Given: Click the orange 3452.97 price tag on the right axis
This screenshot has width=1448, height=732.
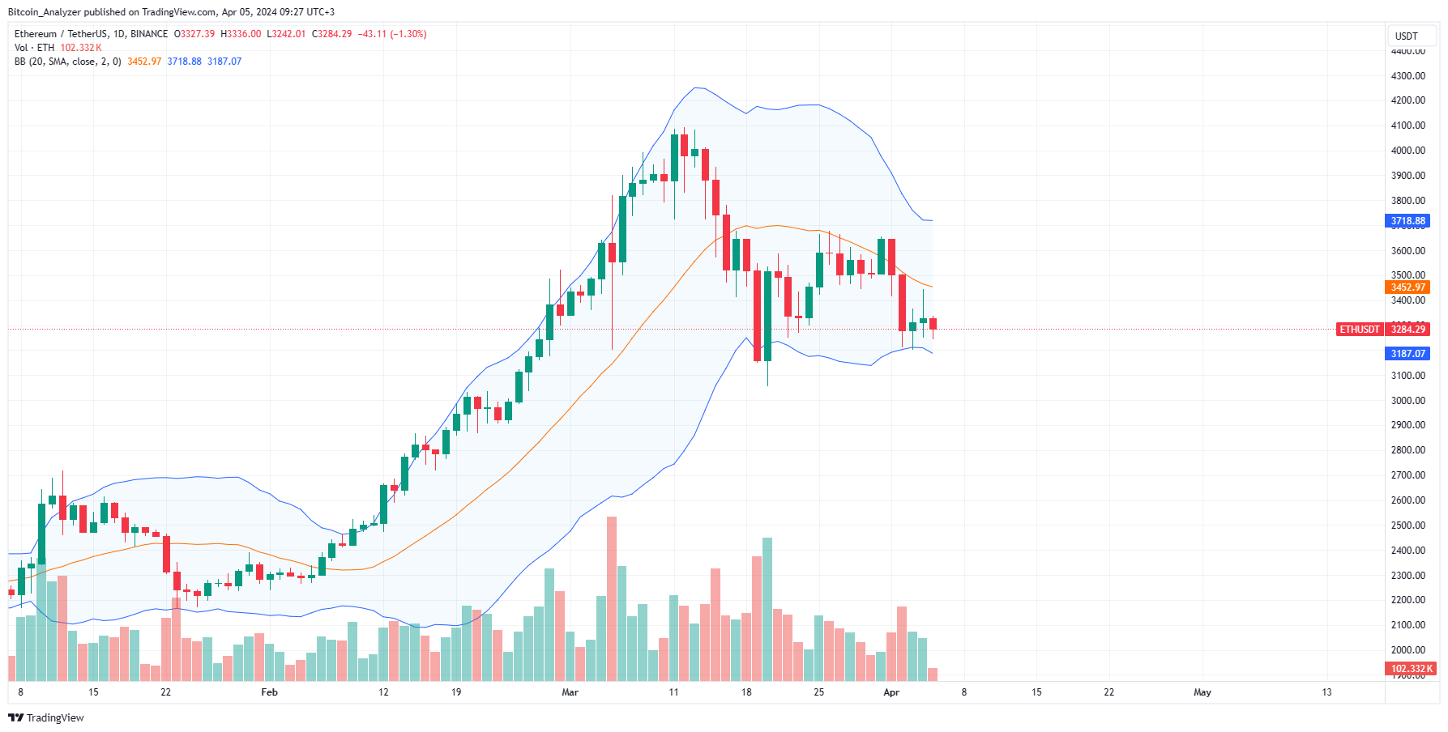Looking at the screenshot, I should (x=1407, y=287).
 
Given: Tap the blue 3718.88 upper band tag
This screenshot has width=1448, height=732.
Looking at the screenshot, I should (x=1407, y=221).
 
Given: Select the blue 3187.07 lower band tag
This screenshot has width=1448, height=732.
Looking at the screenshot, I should (x=1407, y=354).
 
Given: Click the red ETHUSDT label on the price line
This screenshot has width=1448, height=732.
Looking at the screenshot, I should (x=1359, y=330).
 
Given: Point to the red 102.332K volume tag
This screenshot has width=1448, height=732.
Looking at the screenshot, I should (x=1411, y=669).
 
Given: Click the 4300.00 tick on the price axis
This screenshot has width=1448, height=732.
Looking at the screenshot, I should (x=1407, y=76).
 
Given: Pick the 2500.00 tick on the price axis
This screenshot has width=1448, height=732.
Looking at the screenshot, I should (x=1407, y=526).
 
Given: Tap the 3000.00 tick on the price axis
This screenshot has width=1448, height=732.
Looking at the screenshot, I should (x=1407, y=401).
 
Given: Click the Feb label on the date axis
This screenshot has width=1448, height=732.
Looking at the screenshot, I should (x=269, y=692).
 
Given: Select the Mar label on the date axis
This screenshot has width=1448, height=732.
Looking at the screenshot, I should (x=570, y=692).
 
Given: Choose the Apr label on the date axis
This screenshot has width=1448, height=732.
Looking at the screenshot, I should (x=891, y=692).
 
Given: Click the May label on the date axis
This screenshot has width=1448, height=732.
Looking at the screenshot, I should (x=1202, y=692).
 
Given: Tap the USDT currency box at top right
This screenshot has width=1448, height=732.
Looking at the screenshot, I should (x=1406, y=36).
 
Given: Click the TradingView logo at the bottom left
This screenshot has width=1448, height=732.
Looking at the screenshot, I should (x=46, y=718).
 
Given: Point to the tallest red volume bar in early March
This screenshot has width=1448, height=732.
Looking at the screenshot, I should (x=611, y=599).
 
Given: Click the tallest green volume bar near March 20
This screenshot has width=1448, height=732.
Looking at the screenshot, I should (x=767, y=609).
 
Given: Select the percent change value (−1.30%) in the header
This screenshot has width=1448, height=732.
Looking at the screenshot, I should (x=408, y=34).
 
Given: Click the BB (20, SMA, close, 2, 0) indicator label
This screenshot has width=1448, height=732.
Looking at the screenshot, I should (x=68, y=62).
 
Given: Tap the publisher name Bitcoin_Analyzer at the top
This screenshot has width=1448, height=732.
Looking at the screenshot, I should (x=45, y=12).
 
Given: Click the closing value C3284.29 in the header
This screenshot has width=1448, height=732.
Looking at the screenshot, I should (x=332, y=34).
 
